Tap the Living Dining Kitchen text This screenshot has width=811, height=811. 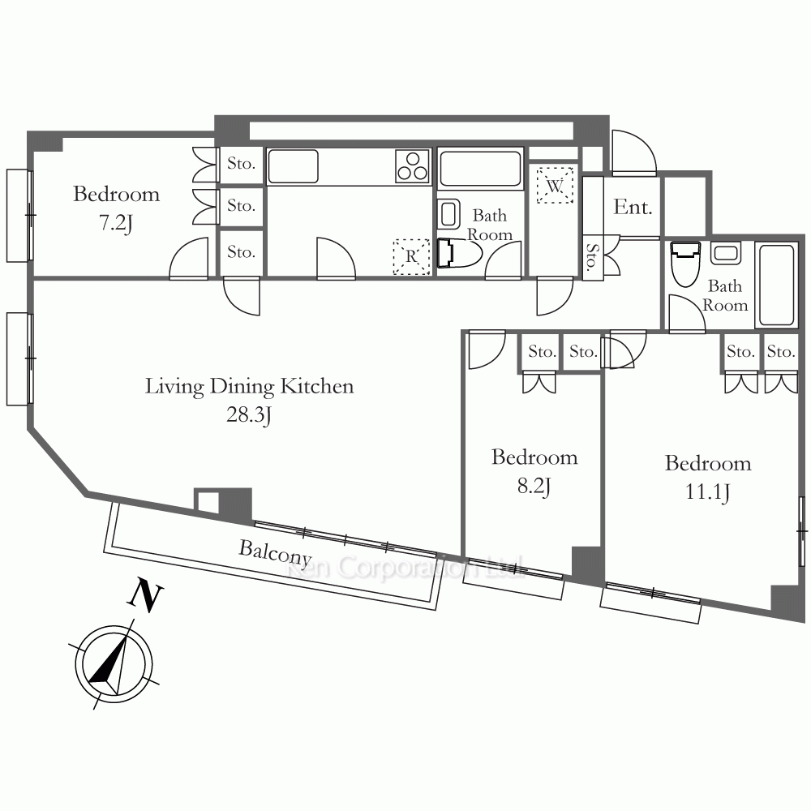coord(249,387)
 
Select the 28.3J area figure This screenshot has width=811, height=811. coord(249,415)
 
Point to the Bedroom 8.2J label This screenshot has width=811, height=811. coord(534,471)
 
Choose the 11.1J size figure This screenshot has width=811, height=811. coord(707,491)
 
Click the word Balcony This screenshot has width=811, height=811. coord(275,553)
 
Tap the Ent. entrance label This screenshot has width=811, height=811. coord(633,207)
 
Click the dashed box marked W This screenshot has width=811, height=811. coord(555,185)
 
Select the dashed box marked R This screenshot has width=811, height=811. coord(412,256)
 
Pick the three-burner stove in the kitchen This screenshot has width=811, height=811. coord(413,166)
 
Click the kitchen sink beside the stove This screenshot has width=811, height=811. coord(294,166)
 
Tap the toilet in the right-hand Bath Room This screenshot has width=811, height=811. coord(684,264)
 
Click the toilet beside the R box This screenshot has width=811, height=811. coord(458,253)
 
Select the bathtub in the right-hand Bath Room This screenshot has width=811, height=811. coord(776,285)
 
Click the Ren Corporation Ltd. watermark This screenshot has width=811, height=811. coord(405,568)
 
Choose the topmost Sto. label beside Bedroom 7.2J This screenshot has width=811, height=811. coord(241,164)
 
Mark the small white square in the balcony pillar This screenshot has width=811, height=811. coord(208,502)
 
